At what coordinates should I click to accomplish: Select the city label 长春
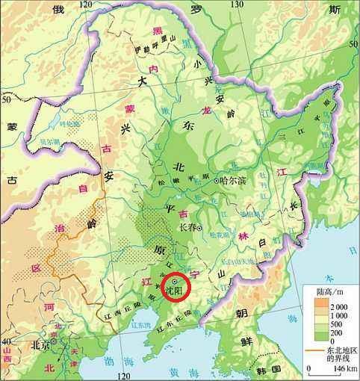point(190,228)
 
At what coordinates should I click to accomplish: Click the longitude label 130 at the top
point(238,4)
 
